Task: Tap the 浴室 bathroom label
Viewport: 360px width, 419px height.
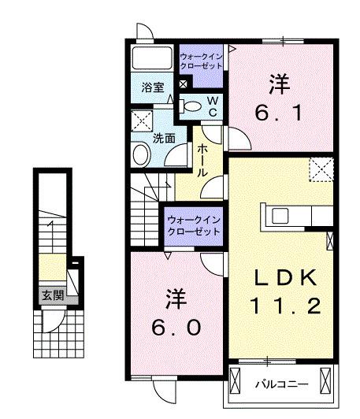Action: coord(153,87)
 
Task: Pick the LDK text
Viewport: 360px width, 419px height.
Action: coord(286,277)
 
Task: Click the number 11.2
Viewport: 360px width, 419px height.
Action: coord(285,305)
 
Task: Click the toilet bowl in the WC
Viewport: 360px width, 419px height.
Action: coord(190,106)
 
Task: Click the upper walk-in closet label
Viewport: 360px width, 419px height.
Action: coord(202,61)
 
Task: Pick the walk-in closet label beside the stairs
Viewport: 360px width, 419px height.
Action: coord(193,226)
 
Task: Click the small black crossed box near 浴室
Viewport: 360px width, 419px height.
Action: coord(184,83)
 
